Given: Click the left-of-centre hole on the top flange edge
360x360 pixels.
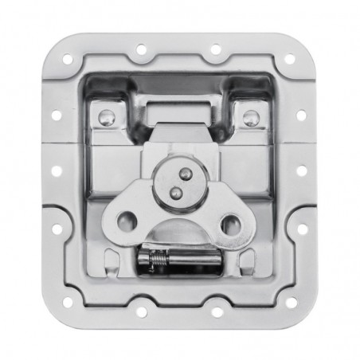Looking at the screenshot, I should coord(143,49).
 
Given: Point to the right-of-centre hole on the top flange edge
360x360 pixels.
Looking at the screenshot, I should coord(216,49).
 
